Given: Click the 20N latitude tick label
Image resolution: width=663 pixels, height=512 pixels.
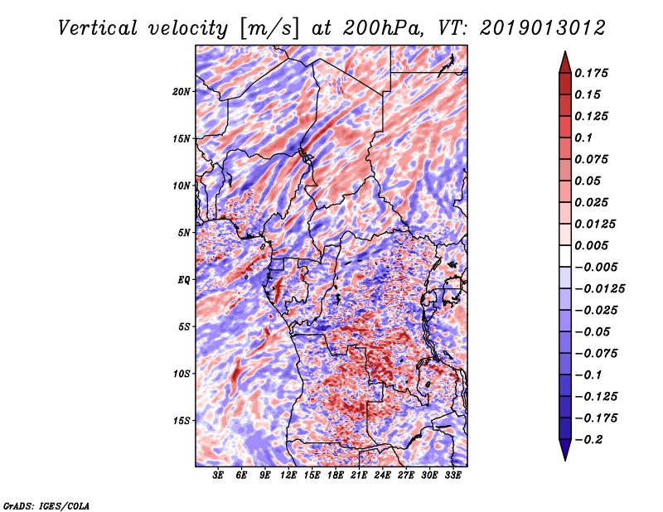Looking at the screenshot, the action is coord(181,92).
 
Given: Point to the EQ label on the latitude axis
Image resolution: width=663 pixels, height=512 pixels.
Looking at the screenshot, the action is coord(183,280).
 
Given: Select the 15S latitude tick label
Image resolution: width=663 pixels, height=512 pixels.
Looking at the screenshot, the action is coord(181,421).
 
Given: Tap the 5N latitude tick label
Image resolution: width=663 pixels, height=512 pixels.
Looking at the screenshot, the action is coord(184,233).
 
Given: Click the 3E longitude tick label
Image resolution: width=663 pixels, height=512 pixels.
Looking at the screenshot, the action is coord(218,476).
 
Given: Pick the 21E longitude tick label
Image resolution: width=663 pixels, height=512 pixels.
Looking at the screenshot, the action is coord(359,476).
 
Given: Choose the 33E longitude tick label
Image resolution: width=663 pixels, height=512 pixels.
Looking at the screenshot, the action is coord(452,476).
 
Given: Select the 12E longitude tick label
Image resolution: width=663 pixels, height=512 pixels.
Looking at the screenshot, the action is coord(288,476).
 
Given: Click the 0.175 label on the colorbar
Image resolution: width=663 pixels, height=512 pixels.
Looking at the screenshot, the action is coord(591,73).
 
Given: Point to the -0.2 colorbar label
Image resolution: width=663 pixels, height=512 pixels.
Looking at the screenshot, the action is coord(587,440).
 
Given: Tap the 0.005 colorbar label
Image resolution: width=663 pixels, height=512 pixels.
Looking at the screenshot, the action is coord(591,245).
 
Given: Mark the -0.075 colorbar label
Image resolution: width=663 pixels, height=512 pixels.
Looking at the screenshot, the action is coord(596,354).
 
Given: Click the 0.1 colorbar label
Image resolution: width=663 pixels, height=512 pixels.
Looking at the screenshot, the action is coord(583,138).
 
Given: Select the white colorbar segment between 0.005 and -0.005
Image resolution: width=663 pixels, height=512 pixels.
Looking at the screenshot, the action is coord(565,256).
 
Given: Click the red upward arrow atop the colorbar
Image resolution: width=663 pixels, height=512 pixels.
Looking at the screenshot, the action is coord(565,63).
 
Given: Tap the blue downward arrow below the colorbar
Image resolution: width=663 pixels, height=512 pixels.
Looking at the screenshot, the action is coord(565,450).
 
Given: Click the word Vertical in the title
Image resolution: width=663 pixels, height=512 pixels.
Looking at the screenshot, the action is coord(98,28).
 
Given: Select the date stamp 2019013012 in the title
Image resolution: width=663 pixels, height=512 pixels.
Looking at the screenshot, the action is coord(543,28).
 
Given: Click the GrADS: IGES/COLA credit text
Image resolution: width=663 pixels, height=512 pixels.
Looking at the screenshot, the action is coord(46,506).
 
